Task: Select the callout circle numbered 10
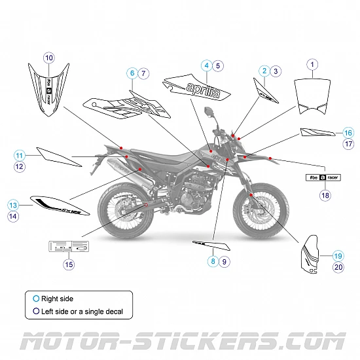(49, 58)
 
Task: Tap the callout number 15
(69, 264)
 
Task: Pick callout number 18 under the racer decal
(325, 194)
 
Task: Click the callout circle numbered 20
(338, 267)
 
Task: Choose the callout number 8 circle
(212, 261)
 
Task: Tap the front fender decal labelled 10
(48, 91)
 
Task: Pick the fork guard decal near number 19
(311, 257)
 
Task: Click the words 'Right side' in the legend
(57, 299)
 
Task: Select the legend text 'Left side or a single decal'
(82, 312)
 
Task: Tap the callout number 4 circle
(206, 65)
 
